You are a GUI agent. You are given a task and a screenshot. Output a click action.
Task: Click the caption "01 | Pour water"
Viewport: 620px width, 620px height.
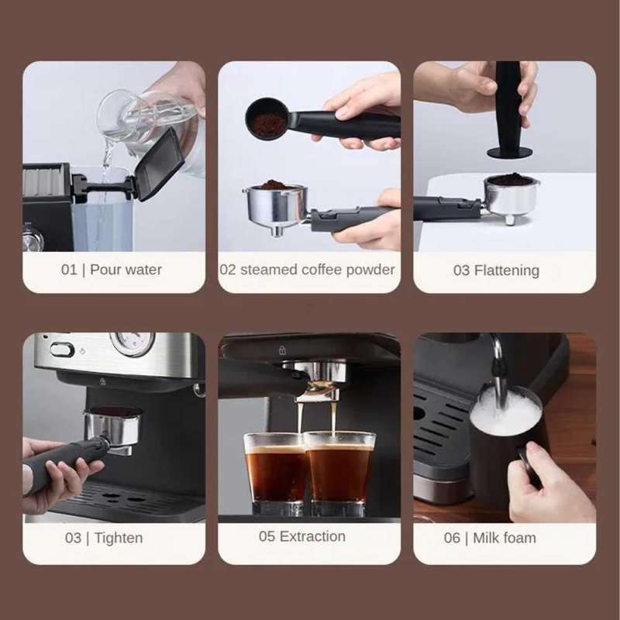pos(112,270)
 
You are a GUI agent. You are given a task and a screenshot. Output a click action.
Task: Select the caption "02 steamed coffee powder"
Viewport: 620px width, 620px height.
pos(308,270)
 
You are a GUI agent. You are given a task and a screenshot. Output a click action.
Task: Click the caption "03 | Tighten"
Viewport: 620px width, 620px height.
pos(103,538)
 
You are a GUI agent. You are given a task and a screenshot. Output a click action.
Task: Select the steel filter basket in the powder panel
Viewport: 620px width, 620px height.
pos(275,205)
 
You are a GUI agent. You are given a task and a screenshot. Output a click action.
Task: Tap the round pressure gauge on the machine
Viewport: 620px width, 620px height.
pos(133,343)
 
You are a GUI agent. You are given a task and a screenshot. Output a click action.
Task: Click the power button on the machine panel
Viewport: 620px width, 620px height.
pos(63,350)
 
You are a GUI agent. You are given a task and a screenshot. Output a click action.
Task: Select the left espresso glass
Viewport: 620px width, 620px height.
pos(276,473)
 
